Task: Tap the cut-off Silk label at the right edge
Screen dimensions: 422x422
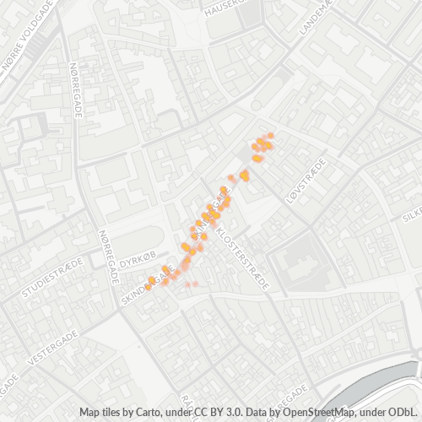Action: tap(413, 214)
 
